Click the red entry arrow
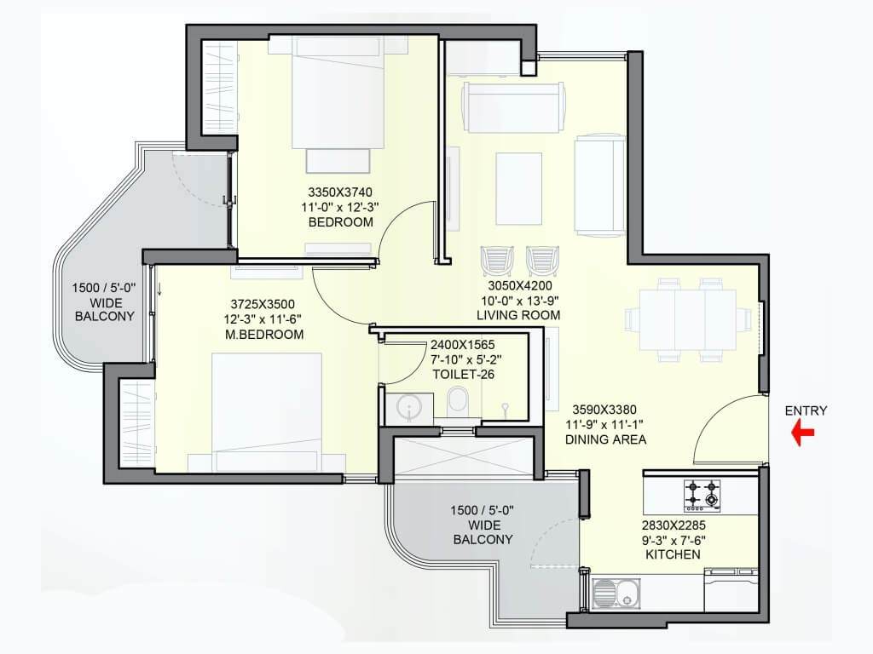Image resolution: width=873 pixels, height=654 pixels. coord(803,433)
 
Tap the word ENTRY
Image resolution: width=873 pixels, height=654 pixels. coord(806,411)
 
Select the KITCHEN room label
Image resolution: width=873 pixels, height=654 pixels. coord(673,554)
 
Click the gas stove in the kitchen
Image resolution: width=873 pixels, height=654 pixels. coord(702,495)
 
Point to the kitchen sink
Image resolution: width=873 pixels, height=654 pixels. coord(616,594)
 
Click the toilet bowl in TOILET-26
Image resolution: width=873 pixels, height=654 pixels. coord(458,400)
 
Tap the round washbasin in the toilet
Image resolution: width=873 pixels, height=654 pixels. coord(409,406)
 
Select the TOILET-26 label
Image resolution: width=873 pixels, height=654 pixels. coord(463,375)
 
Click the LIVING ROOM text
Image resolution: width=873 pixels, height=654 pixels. coord(518,315)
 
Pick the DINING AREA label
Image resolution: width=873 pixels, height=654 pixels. coord(606,439)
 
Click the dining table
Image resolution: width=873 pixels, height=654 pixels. coord(688,320)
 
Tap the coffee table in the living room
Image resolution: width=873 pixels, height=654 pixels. coord(519,188)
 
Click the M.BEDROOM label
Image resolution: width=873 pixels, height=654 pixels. coord(264,335)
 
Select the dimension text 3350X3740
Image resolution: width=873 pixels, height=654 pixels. coord(340,192)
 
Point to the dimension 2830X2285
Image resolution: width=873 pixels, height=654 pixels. coord(674,525)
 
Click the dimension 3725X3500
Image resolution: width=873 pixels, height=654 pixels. coord(263,304)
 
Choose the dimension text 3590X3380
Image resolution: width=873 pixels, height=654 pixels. coord(604,410)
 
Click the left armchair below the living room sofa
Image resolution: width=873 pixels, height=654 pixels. coord(497,261)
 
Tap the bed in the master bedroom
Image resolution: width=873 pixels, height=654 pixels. coord(267,412)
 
